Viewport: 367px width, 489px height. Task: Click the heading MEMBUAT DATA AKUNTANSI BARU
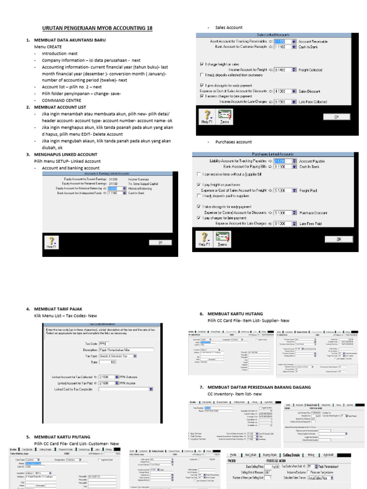point(69,41)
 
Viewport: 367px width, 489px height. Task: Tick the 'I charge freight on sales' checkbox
point(201,64)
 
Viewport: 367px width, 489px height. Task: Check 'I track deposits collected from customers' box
point(201,75)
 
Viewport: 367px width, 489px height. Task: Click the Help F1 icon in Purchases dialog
point(205,239)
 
